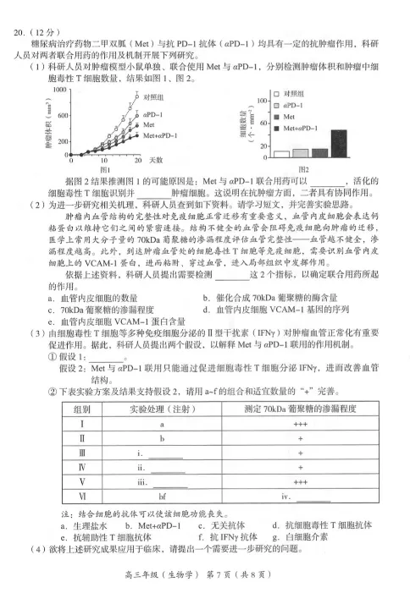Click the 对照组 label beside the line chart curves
(153, 97)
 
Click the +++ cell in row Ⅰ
(299, 424)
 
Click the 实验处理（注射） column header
(163, 409)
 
